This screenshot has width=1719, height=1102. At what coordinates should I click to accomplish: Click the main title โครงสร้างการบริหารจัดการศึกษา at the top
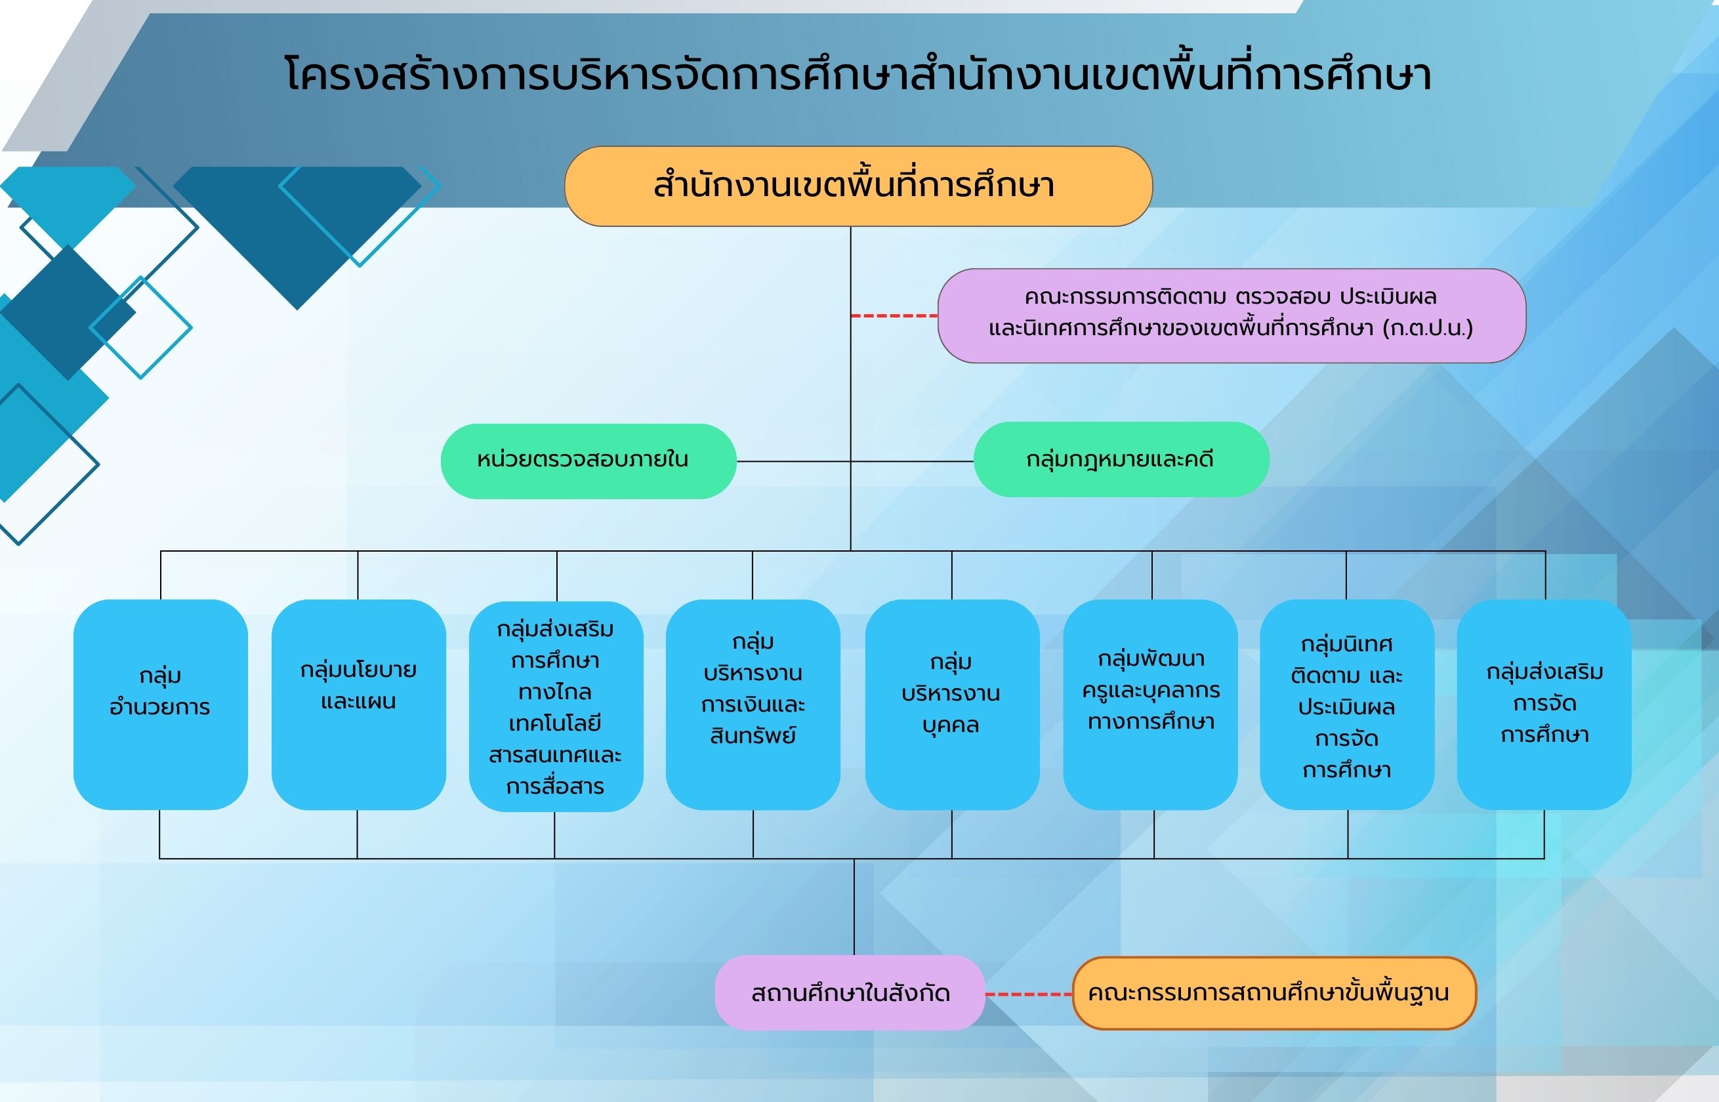pyautogui.click(x=858, y=74)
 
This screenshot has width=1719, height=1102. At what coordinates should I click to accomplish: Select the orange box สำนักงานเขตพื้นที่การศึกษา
pyautogui.click(x=858, y=186)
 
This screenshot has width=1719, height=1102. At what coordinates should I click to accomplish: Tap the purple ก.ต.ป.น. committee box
pyautogui.click(x=1232, y=316)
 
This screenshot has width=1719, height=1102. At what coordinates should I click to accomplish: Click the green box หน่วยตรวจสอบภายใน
pyautogui.click(x=589, y=461)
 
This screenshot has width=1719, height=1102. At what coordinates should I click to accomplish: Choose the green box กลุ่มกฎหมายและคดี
pyautogui.click(x=1121, y=459)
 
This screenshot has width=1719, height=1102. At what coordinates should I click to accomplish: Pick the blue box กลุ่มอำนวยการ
pyautogui.click(x=160, y=705)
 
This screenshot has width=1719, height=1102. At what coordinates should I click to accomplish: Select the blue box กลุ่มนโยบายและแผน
pyautogui.click(x=358, y=705)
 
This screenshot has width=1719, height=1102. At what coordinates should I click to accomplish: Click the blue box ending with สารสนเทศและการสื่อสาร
pyautogui.click(x=556, y=706)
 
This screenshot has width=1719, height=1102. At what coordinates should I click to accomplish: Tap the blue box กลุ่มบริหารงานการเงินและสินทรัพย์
pyautogui.click(x=753, y=705)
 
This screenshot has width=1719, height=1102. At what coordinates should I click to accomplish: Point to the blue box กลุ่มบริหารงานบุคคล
pyautogui.click(x=952, y=705)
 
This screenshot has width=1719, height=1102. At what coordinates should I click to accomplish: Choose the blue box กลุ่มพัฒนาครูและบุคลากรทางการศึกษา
pyautogui.click(x=1151, y=705)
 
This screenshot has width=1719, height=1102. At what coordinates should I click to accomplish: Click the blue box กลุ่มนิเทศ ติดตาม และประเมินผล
pyautogui.click(x=1347, y=705)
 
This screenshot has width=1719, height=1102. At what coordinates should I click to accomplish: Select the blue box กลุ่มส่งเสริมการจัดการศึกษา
pyautogui.click(x=1544, y=705)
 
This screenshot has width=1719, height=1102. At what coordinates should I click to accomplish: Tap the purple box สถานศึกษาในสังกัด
pyautogui.click(x=850, y=992)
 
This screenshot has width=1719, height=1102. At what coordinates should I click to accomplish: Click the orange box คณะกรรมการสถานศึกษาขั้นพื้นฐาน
pyautogui.click(x=1275, y=993)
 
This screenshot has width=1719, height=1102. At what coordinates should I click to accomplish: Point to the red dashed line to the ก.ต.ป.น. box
pyautogui.click(x=894, y=316)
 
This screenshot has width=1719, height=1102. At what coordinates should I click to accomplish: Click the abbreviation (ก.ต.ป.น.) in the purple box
pyautogui.click(x=1428, y=329)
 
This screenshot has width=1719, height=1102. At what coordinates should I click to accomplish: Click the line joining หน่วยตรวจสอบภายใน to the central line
pyautogui.click(x=794, y=462)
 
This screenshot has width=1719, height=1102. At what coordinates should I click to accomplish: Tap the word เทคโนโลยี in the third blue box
pyautogui.click(x=555, y=724)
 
